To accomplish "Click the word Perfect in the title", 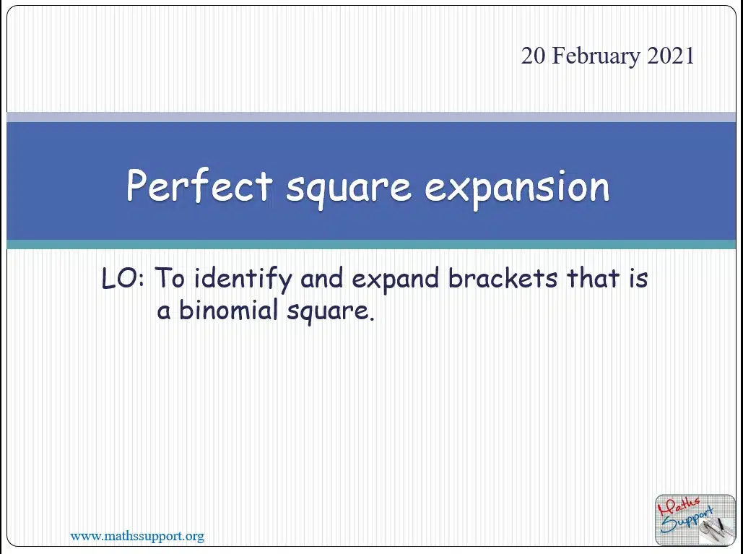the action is [199, 186].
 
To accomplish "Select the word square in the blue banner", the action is [349, 189].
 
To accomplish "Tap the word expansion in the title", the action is [517, 189].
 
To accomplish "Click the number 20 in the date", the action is [533, 56].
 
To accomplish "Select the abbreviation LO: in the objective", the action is [123, 278].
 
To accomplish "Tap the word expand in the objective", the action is [395, 280].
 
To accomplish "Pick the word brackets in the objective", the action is [503, 278].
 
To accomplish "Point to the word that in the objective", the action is [594, 278].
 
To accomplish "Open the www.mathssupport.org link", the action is [137, 536].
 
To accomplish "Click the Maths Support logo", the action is [695, 520].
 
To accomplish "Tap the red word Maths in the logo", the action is [679, 506].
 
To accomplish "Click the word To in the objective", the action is [169, 278].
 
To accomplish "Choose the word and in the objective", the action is [321, 278].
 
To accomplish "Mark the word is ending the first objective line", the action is [638, 278].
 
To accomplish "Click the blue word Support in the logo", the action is [687, 520].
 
